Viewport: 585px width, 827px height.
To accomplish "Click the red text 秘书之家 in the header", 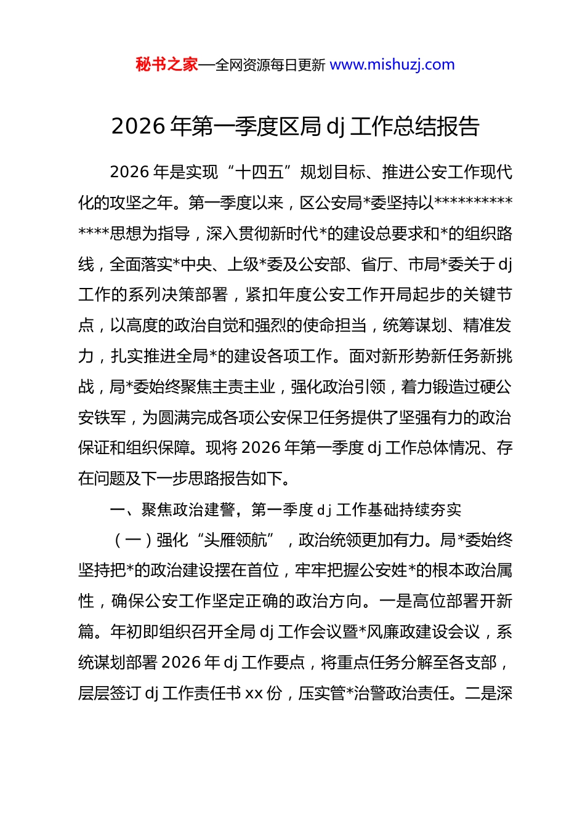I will pos(167,65).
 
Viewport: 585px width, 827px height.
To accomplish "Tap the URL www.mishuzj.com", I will pos(392,65).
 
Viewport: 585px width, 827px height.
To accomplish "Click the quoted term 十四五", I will pos(259,172).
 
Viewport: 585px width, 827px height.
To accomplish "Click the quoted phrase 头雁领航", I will pos(236,540).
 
